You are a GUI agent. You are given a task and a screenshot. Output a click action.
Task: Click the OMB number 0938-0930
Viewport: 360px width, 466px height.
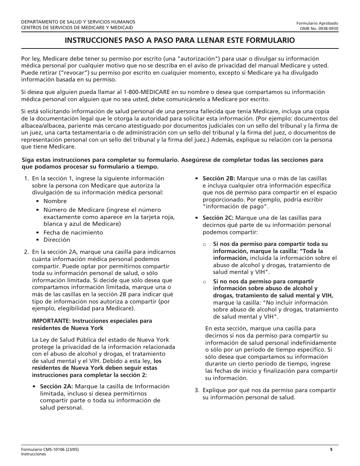(319, 28)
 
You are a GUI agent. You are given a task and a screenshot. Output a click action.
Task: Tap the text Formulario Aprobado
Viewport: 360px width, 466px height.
(317, 23)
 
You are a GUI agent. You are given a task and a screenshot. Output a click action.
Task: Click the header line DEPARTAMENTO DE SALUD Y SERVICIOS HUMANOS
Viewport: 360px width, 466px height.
(78, 22)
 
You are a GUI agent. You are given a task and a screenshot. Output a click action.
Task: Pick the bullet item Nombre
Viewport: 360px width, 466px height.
(55, 201)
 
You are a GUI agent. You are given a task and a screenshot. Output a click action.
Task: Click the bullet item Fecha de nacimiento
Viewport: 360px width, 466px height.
(73, 233)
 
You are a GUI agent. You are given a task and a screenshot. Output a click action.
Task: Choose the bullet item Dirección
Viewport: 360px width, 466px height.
(56, 240)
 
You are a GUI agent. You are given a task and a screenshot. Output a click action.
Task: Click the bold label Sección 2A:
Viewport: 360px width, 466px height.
(57, 386)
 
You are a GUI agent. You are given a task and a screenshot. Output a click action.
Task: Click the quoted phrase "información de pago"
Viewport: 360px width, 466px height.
(236, 207)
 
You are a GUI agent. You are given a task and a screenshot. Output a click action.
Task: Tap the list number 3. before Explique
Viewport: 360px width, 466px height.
(197, 390)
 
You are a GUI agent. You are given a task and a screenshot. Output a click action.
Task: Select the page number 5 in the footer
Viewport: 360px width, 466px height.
(331, 450)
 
